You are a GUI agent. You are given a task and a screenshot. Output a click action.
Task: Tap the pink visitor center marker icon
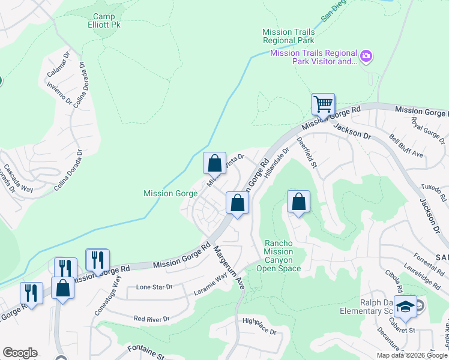tap(367, 57)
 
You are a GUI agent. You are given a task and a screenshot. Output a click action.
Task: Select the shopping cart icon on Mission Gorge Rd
tap(323, 105)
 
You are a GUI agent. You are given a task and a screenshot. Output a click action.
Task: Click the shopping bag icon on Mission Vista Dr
tap(214, 164)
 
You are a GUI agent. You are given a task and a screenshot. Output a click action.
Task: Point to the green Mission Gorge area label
tap(170, 193)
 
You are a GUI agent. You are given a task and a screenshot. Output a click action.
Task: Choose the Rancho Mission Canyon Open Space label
tap(279, 256)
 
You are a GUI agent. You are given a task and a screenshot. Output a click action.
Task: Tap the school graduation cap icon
tap(405, 306)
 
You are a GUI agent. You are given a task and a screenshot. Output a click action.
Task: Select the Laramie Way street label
tap(210, 283)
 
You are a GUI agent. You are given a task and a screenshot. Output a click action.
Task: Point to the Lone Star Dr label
tap(154, 287)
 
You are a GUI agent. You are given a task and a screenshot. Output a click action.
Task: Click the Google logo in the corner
tap(20, 353)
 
